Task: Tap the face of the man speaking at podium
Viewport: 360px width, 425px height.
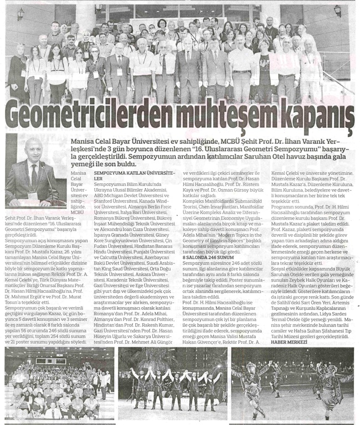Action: pos(35,153)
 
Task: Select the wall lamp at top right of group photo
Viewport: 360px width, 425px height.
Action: pos(337,11)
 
